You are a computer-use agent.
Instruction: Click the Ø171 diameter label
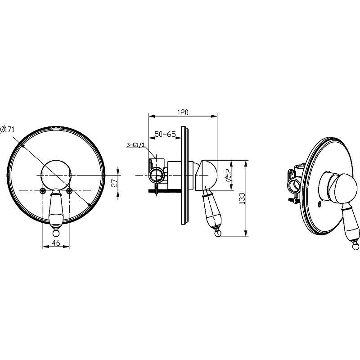click(x=7, y=130)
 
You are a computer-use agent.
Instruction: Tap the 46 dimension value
click(x=56, y=243)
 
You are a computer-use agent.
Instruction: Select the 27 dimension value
click(x=115, y=183)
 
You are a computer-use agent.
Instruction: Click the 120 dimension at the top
click(x=183, y=112)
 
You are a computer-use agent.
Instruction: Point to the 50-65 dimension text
click(x=165, y=134)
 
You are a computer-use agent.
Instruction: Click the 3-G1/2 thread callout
click(x=135, y=145)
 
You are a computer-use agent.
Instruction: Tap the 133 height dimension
click(x=242, y=198)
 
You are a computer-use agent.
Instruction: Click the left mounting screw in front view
click(x=42, y=190)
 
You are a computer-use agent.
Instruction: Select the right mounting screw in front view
click(x=69, y=190)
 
